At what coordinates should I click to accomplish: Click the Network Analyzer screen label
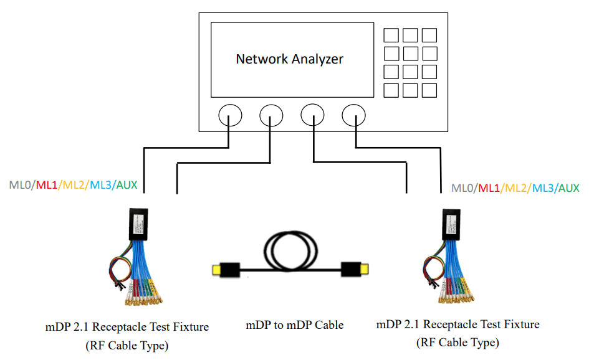click(289, 59)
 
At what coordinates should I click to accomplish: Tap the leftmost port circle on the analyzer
click(230, 115)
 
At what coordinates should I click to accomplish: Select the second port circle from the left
click(271, 115)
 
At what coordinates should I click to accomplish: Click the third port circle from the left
click(312, 115)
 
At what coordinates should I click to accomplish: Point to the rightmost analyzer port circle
click(353, 115)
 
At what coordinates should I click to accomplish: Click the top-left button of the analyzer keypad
click(391, 35)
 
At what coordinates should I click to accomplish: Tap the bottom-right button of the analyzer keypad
click(429, 91)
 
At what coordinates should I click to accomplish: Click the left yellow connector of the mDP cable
click(218, 270)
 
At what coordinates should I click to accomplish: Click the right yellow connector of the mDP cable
click(363, 270)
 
